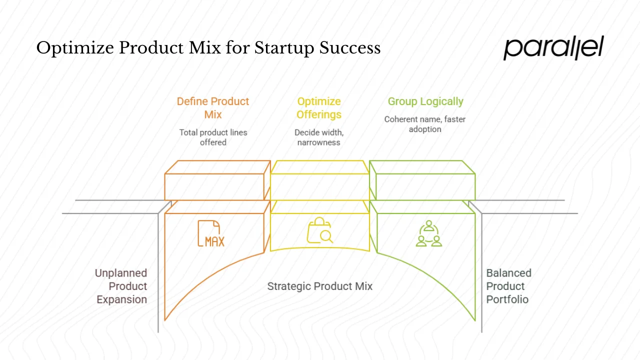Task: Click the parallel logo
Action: (x=553, y=48)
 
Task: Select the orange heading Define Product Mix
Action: (x=213, y=108)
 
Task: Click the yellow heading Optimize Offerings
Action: (x=319, y=108)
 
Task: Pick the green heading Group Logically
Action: (x=425, y=101)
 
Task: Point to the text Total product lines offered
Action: (x=213, y=137)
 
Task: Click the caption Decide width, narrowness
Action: (x=319, y=137)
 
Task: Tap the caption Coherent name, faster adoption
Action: (x=425, y=124)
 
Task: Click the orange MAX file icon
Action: (x=211, y=233)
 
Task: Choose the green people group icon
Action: (x=429, y=233)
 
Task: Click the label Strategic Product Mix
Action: (x=319, y=286)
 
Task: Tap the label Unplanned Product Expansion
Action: (x=121, y=286)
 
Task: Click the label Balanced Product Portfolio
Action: (x=508, y=286)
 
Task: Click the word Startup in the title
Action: (x=284, y=48)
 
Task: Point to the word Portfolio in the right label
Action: (x=507, y=300)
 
